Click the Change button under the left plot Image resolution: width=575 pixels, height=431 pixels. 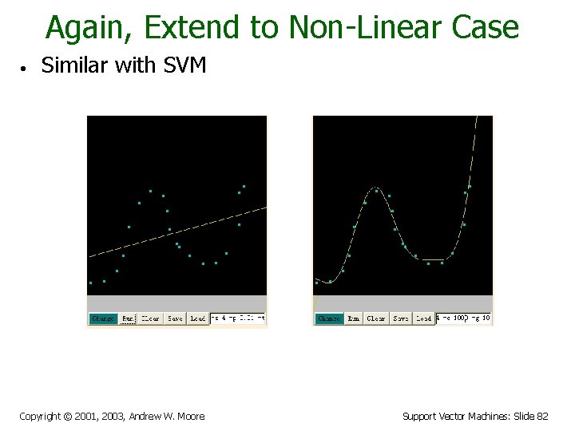(x=103, y=318)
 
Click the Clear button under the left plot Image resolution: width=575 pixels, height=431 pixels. (x=150, y=318)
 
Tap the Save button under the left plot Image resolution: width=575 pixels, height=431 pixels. (x=175, y=318)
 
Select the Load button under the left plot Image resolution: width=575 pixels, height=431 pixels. (x=198, y=318)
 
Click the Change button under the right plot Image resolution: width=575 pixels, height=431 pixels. (x=329, y=318)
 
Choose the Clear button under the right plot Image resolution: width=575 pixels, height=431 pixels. (x=376, y=318)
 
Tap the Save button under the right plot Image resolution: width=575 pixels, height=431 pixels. (x=401, y=318)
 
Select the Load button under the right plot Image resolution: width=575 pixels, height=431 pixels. (x=424, y=318)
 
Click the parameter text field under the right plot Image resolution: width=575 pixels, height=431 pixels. (x=463, y=318)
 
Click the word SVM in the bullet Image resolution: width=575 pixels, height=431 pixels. (x=184, y=65)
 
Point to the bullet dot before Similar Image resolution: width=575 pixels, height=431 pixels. (x=26, y=68)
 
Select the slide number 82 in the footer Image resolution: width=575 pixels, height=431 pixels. (x=542, y=416)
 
